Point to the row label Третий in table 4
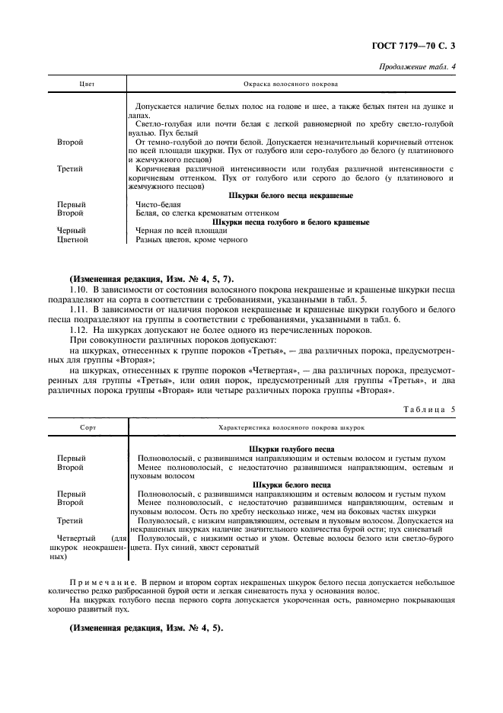(x=71, y=168)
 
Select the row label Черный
(x=72, y=230)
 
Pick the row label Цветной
(x=73, y=239)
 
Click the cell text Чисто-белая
(x=158, y=204)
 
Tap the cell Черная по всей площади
(x=181, y=230)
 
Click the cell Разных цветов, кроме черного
(x=191, y=239)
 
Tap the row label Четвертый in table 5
(x=76, y=538)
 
